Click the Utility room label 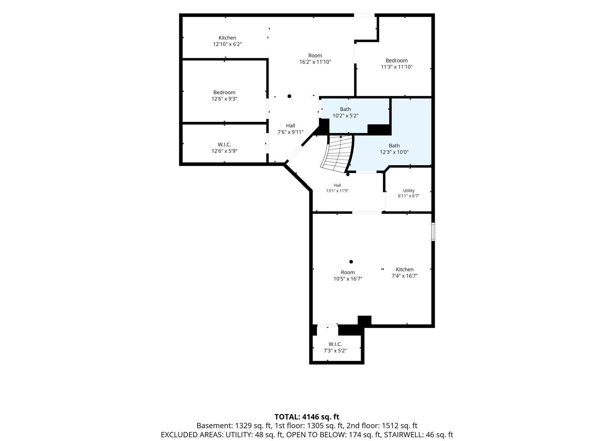pos(409,191)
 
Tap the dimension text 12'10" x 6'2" pos(227,44)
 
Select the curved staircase pos(337,154)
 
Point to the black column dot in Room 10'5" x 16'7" pos(351,262)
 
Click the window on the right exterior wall pos(433,232)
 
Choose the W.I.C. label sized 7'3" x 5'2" pos(335,344)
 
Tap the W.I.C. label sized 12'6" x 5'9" pos(224,144)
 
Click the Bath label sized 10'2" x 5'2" pos(345,109)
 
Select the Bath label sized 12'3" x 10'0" pos(394,146)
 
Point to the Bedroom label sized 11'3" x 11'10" pos(396,61)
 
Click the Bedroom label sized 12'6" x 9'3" pos(224,92)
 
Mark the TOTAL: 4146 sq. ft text pos(307,417)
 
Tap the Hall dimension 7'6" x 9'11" pos(290,132)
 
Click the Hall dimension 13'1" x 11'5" pos(337,191)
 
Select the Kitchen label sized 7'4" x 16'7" pos(404,269)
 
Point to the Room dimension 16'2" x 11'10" pos(315,62)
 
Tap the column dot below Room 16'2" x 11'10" pos(289,96)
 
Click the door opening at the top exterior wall pos(364,15)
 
